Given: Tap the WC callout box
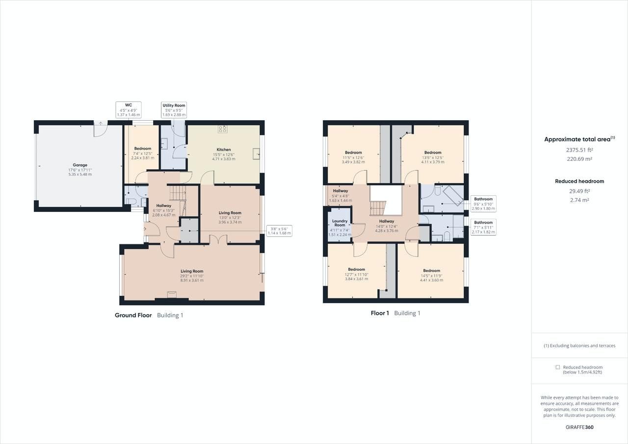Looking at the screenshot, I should (129, 110).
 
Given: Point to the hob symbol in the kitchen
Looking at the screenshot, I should (223, 130).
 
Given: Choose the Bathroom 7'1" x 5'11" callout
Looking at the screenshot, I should (483, 227).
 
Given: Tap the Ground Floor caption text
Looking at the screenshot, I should (133, 315).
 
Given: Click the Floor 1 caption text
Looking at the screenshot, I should (380, 313).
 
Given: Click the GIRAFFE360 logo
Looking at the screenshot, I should (579, 427).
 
